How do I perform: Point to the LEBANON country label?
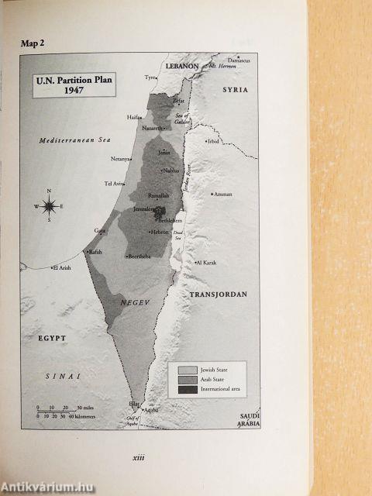click(x=185, y=68)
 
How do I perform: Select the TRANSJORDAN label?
click(x=219, y=295)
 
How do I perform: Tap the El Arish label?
click(x=62, y=268)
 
